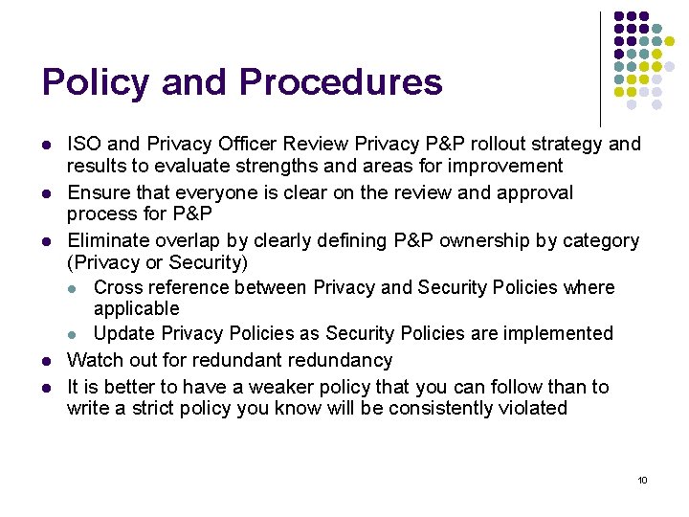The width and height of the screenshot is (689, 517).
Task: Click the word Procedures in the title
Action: coord(341,82)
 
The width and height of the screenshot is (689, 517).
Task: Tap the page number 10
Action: coord(642,480)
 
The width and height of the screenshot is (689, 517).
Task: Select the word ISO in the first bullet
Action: coord(82,145)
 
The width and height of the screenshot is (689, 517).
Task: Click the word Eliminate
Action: coord(103,240)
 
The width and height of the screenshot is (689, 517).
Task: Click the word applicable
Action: coord(136,308)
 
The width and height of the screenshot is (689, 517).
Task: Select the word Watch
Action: coord(93,360)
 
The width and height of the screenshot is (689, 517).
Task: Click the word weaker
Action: coord(276,387)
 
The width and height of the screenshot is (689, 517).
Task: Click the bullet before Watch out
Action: coord(46,361)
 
